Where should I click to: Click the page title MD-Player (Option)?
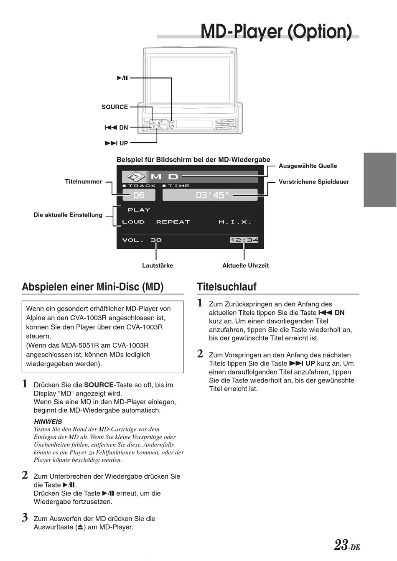(x=276, y=31)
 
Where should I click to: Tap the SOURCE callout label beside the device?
(x=115, y=107)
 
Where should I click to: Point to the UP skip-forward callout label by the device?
(x=117, y=143)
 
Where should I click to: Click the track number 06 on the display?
(x=139, y=195)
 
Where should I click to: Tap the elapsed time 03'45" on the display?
(x=212, y=195)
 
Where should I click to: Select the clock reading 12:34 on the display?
(x=244, y=240)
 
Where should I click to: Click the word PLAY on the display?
(x=139, y=210)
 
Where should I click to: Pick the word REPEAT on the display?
(x=173, y=222)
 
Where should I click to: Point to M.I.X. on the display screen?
(x=235, y=222)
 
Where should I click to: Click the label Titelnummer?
(x=83, y=182)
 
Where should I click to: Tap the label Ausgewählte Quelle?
(x=308, y=166)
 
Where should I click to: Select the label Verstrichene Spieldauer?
(x=313, y=182)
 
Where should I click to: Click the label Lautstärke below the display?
(x=158, y=265)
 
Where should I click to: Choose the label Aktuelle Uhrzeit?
(x=245, y=265)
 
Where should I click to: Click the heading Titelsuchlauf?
(x=226, y=287)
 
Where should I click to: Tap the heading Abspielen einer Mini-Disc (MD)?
(x=93, y=287)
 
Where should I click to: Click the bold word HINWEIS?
(x=48, y=422)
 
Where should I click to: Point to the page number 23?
(x=341, y=545)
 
